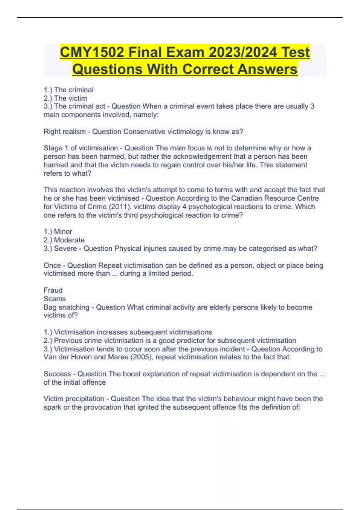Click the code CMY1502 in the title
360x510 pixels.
[92, 52]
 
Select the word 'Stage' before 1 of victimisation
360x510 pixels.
[53, 148]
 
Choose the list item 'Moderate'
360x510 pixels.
[69, 240]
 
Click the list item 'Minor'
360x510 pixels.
[63, 232]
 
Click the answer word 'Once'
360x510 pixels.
[52, 265]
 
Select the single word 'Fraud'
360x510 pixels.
[53, 290]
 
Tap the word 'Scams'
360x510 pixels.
[55, 299]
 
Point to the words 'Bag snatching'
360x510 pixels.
[66, 307]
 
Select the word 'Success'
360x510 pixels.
[57, 374]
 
